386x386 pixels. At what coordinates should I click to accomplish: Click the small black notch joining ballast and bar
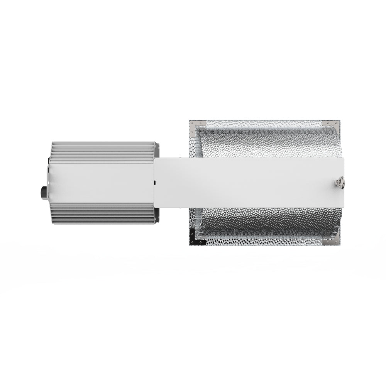154,181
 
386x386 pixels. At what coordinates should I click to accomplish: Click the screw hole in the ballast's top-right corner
157,146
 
